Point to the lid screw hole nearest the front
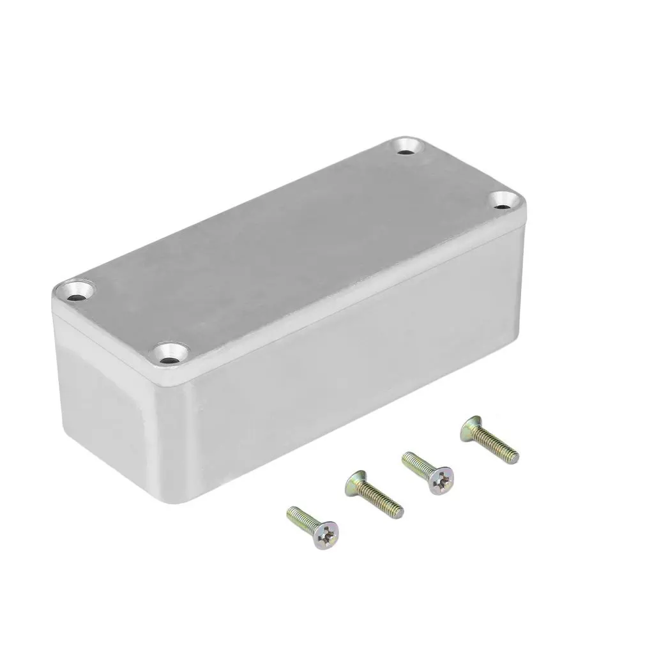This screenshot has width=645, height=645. point(171,354)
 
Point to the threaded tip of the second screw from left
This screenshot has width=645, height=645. point(398,510)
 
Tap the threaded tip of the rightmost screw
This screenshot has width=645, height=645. point(514,457)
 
